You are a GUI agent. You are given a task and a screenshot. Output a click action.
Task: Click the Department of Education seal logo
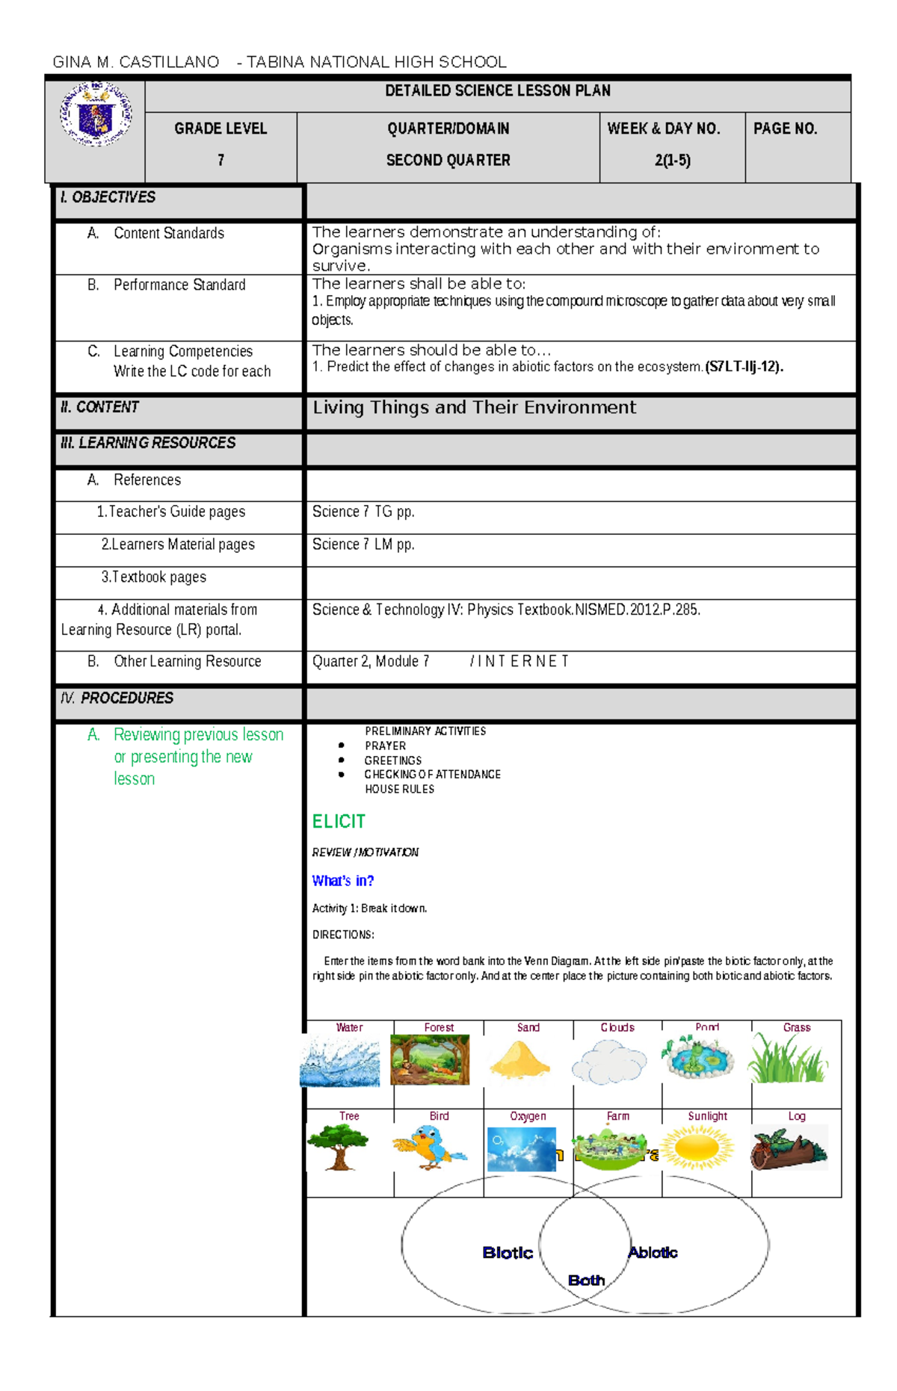pyautogui.click(x=96, y=114)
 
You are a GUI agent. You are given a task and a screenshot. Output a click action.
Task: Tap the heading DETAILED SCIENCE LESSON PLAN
pyautogui.click(x=497, y=91)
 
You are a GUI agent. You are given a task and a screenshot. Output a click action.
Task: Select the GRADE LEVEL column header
pyautogui.click(x=221, y=128)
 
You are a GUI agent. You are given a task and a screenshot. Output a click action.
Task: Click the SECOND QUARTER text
pyautogui.click(x=448, y=160)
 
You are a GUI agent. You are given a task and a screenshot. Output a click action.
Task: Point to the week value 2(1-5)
pyautogui.click(x=672, y=160)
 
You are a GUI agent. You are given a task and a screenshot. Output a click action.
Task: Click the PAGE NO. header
pyautogui.click(x=785, y=128)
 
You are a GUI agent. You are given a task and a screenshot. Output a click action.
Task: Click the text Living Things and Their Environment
pyautogui.click(x=474, y=407)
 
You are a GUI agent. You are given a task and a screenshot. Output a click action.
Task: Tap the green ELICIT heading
pyautogui.click(x=339, y=822)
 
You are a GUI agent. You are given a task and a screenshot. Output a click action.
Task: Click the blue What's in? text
pyautogui.click(x=342, y=881)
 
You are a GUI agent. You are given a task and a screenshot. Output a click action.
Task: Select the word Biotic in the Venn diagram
pyautogui.click(x=508, y=1253)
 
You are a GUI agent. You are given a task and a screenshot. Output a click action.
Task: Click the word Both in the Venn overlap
pyautogui.click(x=586, y=1280)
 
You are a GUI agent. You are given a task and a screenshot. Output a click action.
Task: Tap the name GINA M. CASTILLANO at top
pyautogui.click(x=136, y=62)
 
